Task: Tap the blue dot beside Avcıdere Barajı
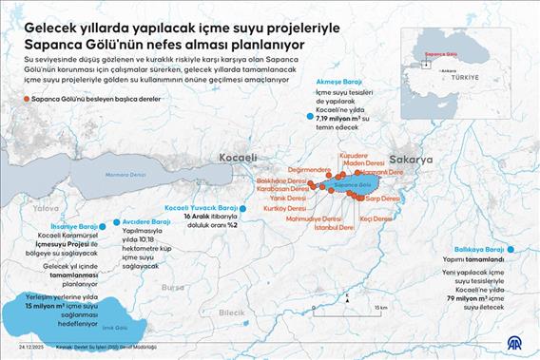(x=116, y=222)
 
